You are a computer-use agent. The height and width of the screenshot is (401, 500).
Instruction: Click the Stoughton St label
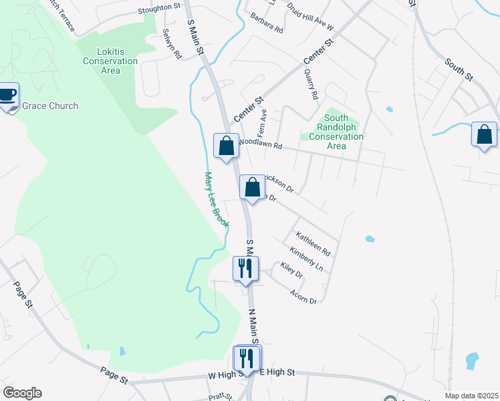click(x=160, y=9)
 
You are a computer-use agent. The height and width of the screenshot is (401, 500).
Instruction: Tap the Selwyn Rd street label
click(x=172, y=44)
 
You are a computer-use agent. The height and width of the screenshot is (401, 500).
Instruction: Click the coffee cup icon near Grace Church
click(x=8, y=95)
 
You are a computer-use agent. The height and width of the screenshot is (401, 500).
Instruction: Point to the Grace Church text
click(x=50, y=106)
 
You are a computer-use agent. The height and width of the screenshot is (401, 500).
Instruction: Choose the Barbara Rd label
click(x=267, y=26)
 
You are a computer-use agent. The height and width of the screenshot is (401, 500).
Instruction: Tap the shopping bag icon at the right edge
click(x=483, y=134)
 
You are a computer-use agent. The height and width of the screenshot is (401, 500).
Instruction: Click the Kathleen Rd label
click(x=314, y=245)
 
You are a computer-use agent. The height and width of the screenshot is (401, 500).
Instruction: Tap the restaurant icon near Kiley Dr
click(x=245, y=269)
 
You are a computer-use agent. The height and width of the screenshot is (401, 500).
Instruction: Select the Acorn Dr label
click(x=303, y=296)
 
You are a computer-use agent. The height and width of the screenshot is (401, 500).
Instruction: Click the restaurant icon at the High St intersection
click(x=247, y=358)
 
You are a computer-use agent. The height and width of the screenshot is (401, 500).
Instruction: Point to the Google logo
click(x=22, y=393)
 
